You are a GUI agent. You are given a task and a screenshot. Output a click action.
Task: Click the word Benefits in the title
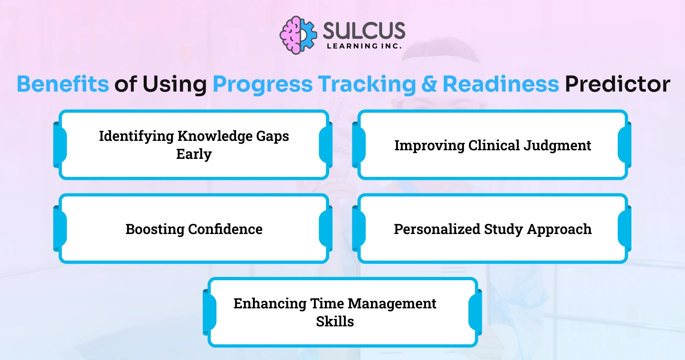[x=63, y=84]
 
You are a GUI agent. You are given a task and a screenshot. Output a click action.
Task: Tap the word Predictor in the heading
[x=617, y=84]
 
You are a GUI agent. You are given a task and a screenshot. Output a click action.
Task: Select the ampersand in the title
[x=429, y=84]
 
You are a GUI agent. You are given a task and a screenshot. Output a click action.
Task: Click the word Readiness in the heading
[x=501, y=84]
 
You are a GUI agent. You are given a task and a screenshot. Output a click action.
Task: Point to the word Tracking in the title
[x=367, y=84]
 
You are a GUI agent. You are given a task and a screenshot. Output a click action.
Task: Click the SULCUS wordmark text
[x=364, y=31]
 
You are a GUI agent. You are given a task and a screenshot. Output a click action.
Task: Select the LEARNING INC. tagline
[x=364, y=46]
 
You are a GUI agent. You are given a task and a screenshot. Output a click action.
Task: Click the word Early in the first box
[x=194, y=154]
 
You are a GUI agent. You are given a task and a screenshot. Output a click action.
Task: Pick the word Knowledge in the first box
[x=215, y=136]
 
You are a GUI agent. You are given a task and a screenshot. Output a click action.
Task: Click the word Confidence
[x=225, y=229]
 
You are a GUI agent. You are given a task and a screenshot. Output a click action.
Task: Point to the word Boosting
[x=155, y=229]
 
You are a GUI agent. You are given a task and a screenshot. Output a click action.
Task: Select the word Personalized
[x=436, y=229]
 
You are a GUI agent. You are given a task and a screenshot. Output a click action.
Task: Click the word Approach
[x=559, y=229]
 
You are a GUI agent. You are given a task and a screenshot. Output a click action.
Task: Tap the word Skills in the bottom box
[x=335, y=322]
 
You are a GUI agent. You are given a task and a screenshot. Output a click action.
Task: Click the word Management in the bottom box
[x=392, y=304]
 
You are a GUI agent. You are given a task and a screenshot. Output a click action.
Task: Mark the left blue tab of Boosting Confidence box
[x=60, y=229]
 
